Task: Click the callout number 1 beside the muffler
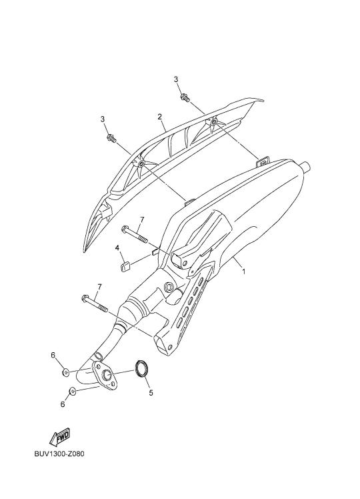click(x=243, y=272)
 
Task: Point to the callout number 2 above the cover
click(x=159, y=117)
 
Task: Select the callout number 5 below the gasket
click(x=151, y=393)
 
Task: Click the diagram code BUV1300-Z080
click(x=59, y=462)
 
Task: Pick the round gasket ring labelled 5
click(x=141, y=368)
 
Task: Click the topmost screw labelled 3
click(x=185, y=97)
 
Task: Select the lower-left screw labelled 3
click(x=111, y=138)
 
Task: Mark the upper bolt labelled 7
click(x=134, y=234)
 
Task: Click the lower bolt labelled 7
click(x=95, y=304)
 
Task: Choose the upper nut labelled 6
click(x=66, y=372)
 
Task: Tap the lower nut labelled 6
click(x=72, y=391)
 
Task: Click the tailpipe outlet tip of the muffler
click(x=306, y=166)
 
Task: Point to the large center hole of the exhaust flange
click(x=107, y=376)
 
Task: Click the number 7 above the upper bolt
click(x=142, y=219)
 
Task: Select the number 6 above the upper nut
click(x=53, y=355)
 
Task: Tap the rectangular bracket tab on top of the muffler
click(x=263, y=161)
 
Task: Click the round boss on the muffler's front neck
click(x=169, y=287)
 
